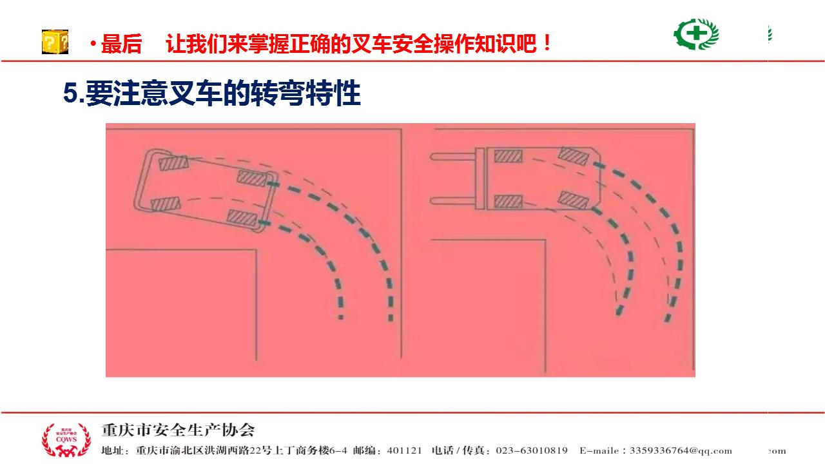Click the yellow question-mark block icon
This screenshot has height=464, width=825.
[55, 42]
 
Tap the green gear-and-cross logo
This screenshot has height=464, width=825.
[695, 34]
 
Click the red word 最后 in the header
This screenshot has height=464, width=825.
[121, 44]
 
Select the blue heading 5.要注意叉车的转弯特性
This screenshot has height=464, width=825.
[212, 93]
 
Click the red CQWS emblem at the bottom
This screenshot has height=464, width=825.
[66, 440]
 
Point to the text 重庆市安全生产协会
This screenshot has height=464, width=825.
[178, 430]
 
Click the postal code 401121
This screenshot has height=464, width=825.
[404, 450]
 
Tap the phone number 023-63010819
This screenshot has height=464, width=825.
[532, 450]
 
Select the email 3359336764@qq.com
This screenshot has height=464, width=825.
[681, 450]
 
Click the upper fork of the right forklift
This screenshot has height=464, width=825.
[453, 157]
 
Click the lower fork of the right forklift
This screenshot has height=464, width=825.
[453, 201]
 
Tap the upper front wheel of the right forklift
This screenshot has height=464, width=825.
[508, 156]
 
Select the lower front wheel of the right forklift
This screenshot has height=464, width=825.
[508, 201]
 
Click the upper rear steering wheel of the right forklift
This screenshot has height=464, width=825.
[574, 156]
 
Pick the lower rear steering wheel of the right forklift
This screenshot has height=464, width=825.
[574, 200]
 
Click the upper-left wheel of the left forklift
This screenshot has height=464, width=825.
[173, 163]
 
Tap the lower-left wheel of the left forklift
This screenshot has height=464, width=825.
[166, 204]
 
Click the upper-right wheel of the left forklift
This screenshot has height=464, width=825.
[253, 179]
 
